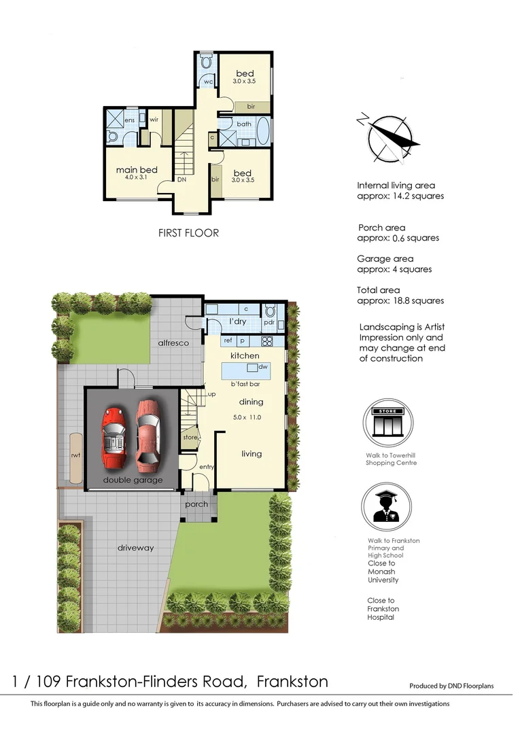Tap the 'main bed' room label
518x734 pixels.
coord(137,170)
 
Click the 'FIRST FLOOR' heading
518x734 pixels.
coord(188,233)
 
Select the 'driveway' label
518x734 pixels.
coord(135,547)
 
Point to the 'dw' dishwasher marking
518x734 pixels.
coord(263,367)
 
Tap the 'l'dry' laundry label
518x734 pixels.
coord(237,321)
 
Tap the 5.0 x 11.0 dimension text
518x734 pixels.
coord(247,417)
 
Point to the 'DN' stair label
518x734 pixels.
coord(182,180)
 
